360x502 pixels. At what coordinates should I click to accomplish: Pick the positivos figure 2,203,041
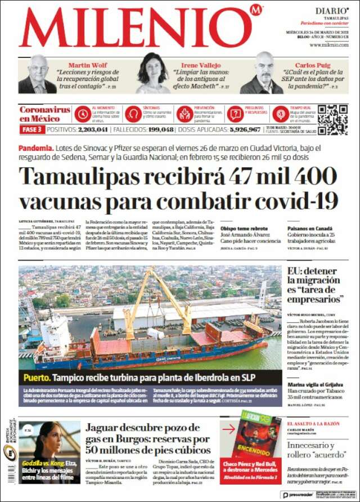(85, 129)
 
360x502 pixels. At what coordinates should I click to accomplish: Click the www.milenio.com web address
(328, 44)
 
